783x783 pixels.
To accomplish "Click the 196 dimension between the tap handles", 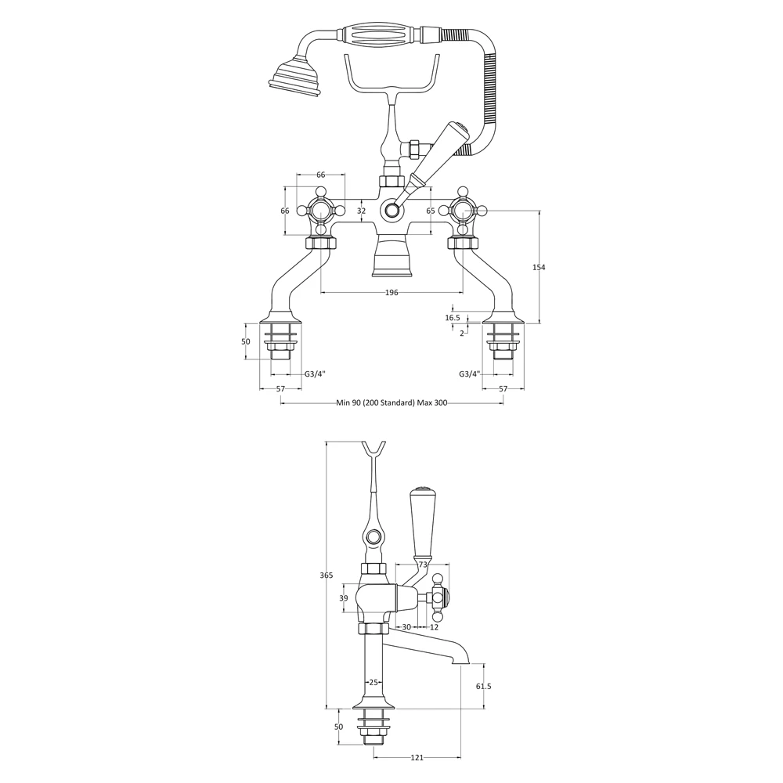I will [391, 293].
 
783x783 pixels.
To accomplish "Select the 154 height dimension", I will [539, 267].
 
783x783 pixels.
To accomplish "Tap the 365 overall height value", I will [327, 576].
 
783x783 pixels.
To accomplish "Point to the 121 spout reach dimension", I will [417, 758].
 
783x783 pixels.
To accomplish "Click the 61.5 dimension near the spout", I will [483, 687].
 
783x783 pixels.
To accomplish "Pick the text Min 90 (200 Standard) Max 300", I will [391, 402].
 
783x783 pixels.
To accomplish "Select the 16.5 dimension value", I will [453, 318].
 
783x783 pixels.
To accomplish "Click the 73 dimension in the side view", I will [423, 565].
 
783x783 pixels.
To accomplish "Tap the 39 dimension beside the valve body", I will [343, 598].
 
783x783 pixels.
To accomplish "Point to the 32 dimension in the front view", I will [361, 211].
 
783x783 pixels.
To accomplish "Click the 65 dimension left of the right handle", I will [431, 211].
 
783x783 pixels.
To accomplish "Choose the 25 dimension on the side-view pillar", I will [373, 683].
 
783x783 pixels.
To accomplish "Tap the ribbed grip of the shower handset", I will [379, 36].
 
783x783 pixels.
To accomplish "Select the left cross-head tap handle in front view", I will [321, 210].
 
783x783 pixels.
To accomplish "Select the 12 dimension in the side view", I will [435, 627].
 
